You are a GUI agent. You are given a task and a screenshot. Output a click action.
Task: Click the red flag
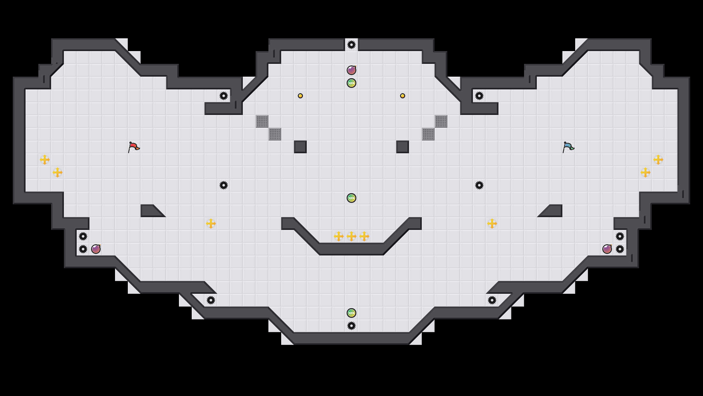click(134, 147)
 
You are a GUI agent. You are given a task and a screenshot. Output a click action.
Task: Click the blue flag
click(568, 147)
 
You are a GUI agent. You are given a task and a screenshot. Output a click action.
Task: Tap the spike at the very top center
click(351, 45)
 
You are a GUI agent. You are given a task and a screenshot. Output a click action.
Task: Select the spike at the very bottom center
click(351, 326)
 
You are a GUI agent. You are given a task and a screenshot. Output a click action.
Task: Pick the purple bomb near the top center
click(351, 70)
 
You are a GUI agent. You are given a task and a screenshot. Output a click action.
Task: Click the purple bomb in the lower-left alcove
click(96, 249)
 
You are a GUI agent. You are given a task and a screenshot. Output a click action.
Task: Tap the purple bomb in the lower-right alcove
click(607, 249)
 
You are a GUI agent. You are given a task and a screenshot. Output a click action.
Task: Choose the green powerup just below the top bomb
click(351, 83)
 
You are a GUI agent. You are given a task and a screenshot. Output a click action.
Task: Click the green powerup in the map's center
click(351, 198)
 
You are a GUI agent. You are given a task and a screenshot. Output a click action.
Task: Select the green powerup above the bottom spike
click(351, 313)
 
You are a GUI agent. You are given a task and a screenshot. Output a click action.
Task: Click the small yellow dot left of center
click(300, 96)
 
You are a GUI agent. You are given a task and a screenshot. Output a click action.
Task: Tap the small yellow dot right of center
click(403, 96)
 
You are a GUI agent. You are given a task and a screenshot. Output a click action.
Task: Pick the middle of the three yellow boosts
click(351, 236)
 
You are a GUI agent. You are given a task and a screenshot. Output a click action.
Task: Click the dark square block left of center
click(300, 147)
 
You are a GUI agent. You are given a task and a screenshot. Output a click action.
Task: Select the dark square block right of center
click(403, 147)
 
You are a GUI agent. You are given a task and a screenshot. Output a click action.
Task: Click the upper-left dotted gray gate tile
click(262, 121)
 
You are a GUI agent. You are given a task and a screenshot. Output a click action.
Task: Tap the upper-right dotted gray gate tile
click(441, 121)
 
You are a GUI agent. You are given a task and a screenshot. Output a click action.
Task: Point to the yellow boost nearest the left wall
click(45, 160)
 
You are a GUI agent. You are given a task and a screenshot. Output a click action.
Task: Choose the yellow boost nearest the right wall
click(658, 160)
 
